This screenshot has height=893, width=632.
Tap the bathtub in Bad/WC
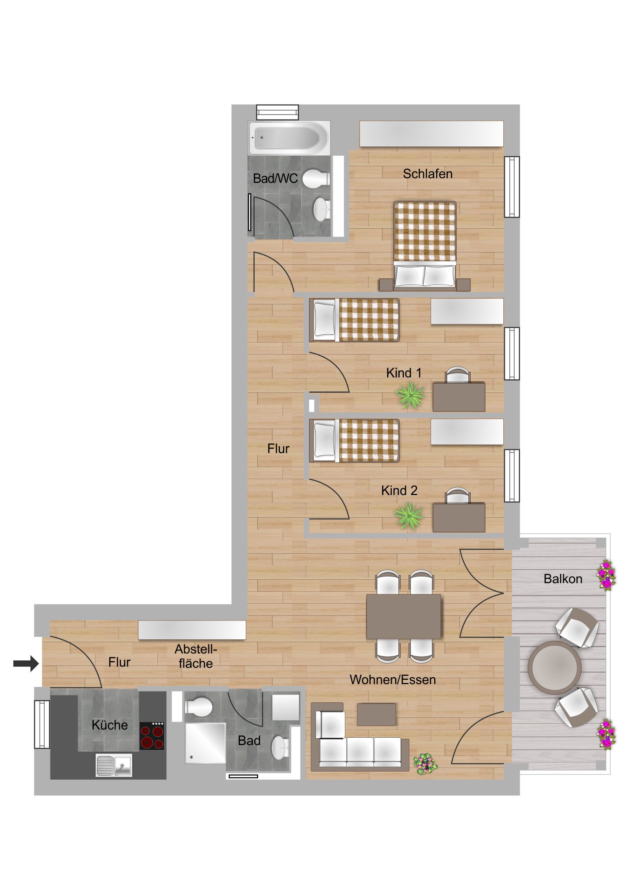click(x=289, y=138)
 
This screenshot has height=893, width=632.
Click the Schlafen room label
click(x=428, y=174)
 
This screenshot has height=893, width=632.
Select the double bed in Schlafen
click(x=424, y=246)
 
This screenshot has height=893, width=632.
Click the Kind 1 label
click(x=404, y=373)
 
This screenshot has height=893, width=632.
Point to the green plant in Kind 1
click(x=410, y=396)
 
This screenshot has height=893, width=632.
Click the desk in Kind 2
click(x=459, y=518)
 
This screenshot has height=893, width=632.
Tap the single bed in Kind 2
click(x=354, y=441)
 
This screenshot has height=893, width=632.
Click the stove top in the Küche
click(x=152, y=736)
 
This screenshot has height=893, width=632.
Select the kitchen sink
click(x=114, y=765)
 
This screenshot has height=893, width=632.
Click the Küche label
click(x=110, y=725)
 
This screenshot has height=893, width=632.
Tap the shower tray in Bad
click(x=205, y=743)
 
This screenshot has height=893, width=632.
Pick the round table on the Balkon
click(x=555, y=667)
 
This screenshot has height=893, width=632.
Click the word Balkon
click(x=563, y=579)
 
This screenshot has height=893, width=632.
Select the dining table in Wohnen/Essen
click(x=403, y=617)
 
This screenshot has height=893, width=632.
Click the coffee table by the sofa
click(x=376, y=714)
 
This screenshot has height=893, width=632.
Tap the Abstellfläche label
click(x=196, y=656)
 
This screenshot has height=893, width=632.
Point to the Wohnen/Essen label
click(x=393, y=679)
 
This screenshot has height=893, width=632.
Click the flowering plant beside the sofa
click(x=425, y=763)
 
